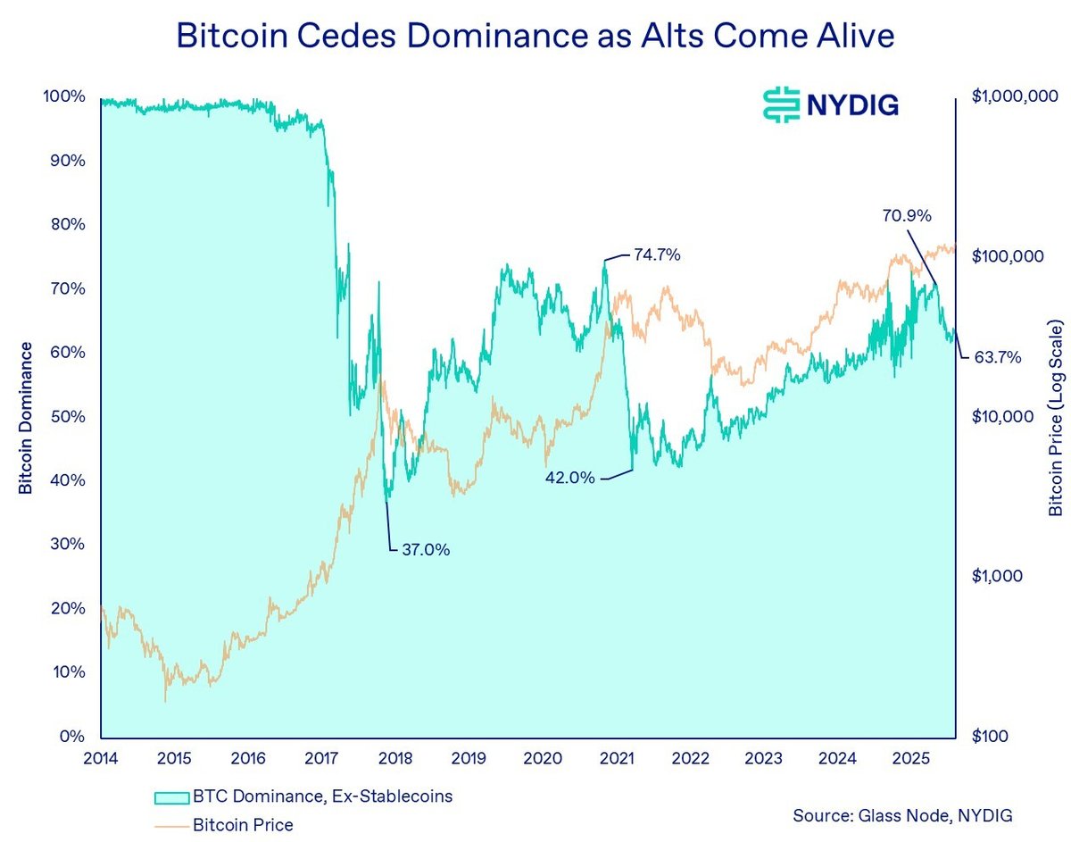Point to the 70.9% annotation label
point(907,215)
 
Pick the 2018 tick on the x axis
point(395,758)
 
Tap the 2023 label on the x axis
point(764,758)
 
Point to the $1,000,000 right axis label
point(1014,96)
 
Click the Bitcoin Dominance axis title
point(26,417)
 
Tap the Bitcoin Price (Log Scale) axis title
point(1056,417)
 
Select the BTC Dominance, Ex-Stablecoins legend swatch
point(172,796)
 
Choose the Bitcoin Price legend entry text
point(243,824)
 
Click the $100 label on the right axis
point(991,738)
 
